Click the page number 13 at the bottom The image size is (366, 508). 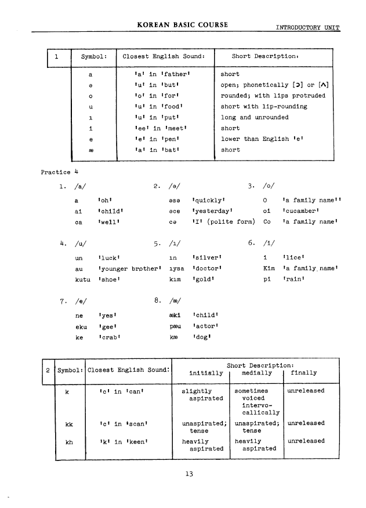(189, 474)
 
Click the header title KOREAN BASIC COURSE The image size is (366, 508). (182, 25)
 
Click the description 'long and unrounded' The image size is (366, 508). (255, 117)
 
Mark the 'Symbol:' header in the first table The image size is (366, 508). (93, 57)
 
